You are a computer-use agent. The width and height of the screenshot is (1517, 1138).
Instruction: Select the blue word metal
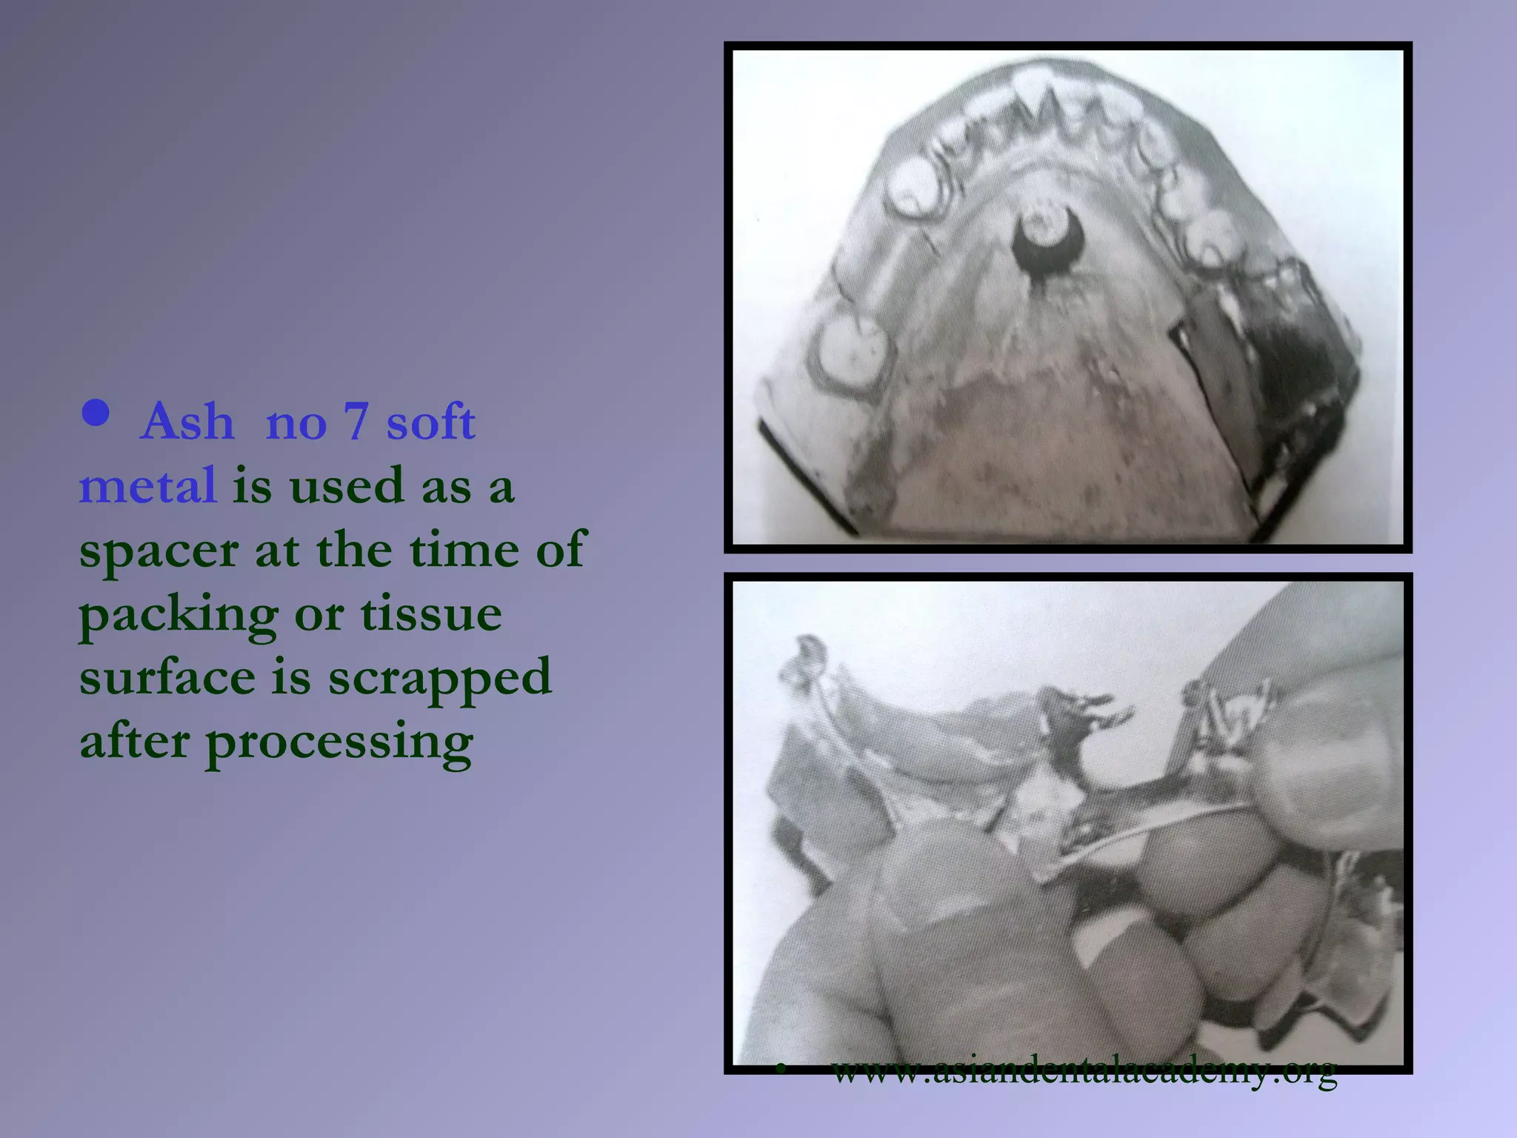tap(147, 486)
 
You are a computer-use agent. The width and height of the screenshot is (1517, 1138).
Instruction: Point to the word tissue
tap(431, 615)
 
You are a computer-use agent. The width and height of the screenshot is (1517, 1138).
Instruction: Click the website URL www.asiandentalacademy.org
tap(1084, 1070)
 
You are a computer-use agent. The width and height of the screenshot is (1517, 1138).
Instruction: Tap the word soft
tap(430, 422)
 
